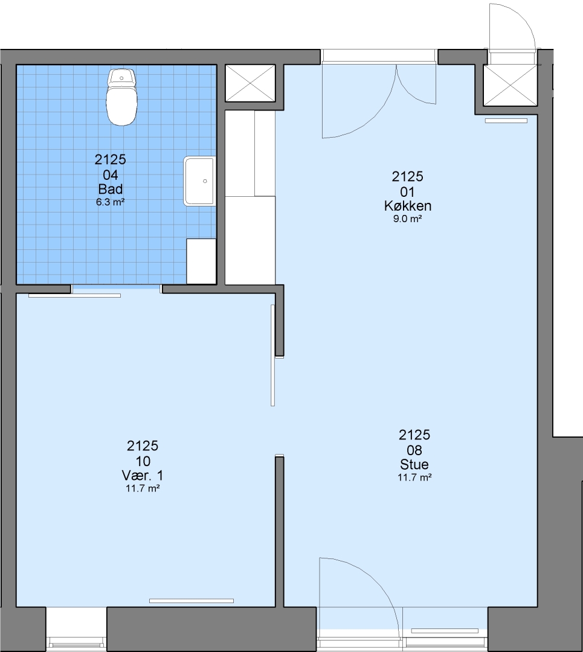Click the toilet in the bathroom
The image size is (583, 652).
point(121,97)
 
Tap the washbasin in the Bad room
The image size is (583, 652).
point(200,181)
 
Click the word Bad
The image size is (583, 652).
point(111,189)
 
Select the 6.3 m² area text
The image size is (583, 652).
point(111,202)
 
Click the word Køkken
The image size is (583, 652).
point(407,206)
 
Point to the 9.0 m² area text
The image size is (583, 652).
point(407,219)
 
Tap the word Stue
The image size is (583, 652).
point(414,464)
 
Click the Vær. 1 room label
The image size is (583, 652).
point(143,475)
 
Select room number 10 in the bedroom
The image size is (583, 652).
point(143,461)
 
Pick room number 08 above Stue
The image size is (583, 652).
point(414,450)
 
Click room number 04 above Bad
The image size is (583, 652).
point(111,174)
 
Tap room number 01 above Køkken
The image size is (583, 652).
point(407,192)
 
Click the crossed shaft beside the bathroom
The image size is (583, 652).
point(250,83)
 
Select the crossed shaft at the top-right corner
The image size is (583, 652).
point(510,85)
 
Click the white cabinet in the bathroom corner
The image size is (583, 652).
point(201,261)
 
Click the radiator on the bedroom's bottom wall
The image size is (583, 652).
point(192,601)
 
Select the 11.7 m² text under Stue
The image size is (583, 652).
point(414,478)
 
